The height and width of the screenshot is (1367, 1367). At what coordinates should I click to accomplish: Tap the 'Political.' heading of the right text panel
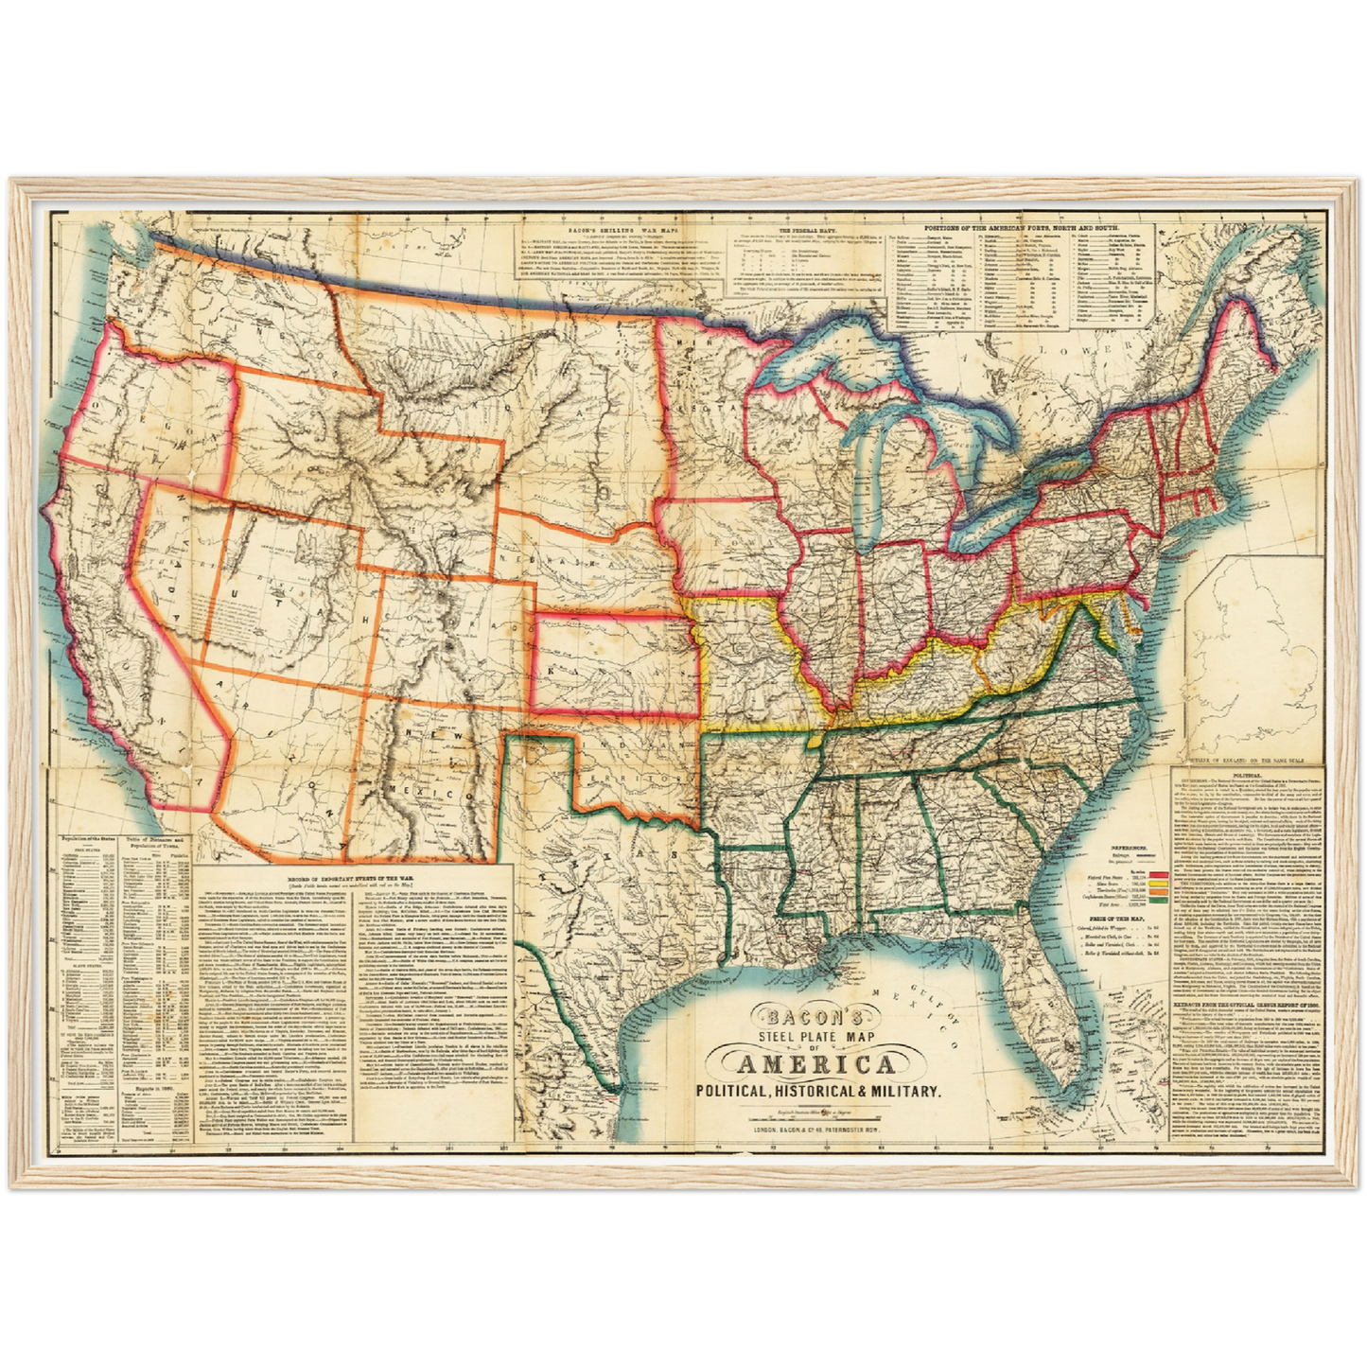click(x=1246, y=773)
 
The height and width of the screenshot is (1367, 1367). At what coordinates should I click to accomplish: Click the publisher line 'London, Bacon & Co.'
click(x=818, y=1129)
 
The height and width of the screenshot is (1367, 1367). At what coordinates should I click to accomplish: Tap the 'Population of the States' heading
click(x=87, y=838)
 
